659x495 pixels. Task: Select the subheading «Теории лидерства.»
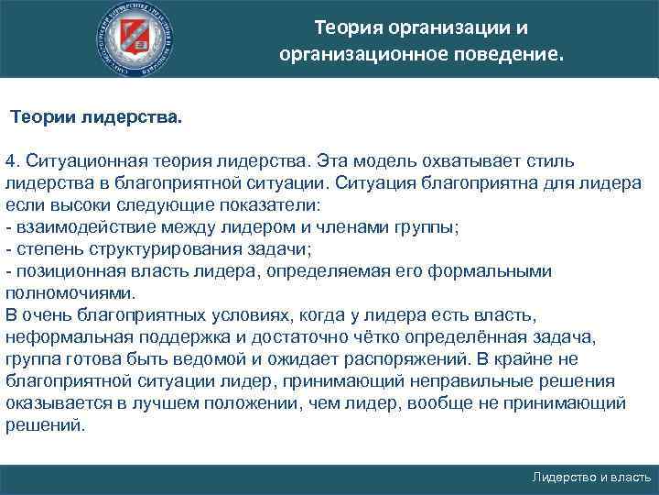coord(96,118)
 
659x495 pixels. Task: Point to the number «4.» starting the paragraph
coord(13,160)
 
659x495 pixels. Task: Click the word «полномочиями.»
coord(70,293)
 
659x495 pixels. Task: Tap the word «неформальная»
coord(64,336)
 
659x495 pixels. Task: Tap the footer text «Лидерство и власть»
coord(591,478)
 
